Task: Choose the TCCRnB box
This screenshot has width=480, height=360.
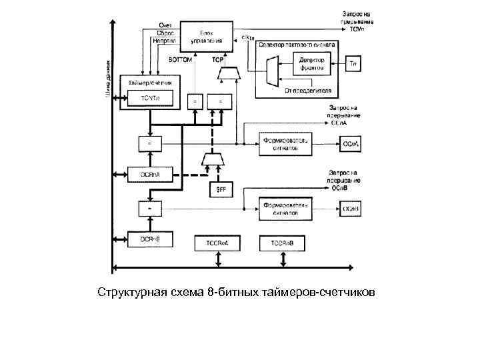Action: coord(287,244)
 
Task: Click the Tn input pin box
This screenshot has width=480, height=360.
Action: coord(355,65)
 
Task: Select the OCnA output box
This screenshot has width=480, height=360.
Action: coord(351,144)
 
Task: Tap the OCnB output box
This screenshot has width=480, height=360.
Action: coord(351,209)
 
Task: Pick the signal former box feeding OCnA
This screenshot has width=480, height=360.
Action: coord(285,145)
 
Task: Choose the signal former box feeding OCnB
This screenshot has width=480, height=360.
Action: coord(285,209)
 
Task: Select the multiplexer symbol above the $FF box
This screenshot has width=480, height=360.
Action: coord(213,158)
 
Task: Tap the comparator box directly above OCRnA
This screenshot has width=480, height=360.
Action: coord(149,143)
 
